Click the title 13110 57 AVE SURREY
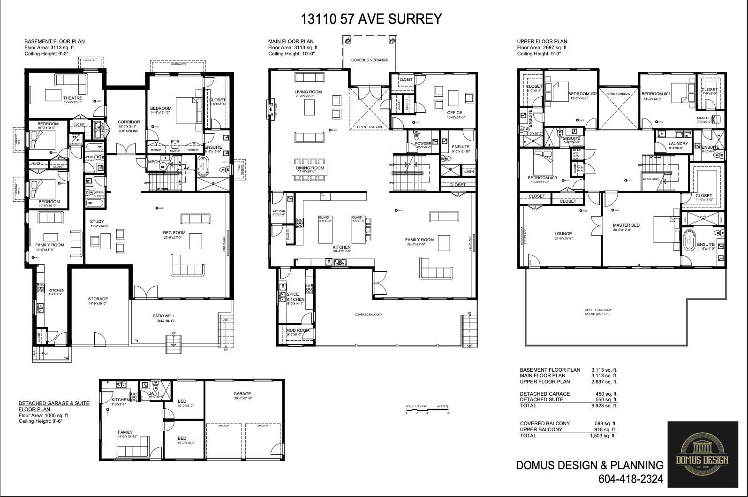coord(371,19)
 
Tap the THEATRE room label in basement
coord(72,98)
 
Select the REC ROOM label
coord(174,233)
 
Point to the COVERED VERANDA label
coord(370,60)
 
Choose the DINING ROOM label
coord(310,168)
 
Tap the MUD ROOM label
coord(298,330)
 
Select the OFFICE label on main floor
coord(454,113)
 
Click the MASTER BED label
coord(626,225)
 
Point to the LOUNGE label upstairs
coord(563,234)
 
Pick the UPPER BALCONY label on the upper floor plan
coord(598,310)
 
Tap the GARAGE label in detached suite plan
coord(242,394)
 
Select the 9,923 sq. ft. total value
coord(604,406)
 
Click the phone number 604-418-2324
coord(630,479)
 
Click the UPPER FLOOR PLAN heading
coord(542,41)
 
